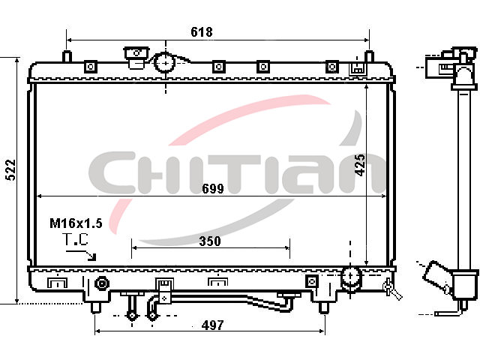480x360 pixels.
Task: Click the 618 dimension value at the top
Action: [202, 31]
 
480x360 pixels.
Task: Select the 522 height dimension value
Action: [11, 169]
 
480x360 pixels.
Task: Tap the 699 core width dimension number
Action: [213, 188]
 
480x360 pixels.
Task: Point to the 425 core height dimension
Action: [360, 165]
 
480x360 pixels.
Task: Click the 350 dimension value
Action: [210, 241]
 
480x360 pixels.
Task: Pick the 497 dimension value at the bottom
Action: [213, 325]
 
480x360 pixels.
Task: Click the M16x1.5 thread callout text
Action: [76, 223]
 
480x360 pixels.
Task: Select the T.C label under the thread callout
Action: [75, 239]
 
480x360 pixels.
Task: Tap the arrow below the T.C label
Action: [82, 255]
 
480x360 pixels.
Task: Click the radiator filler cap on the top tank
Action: [136, 57]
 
